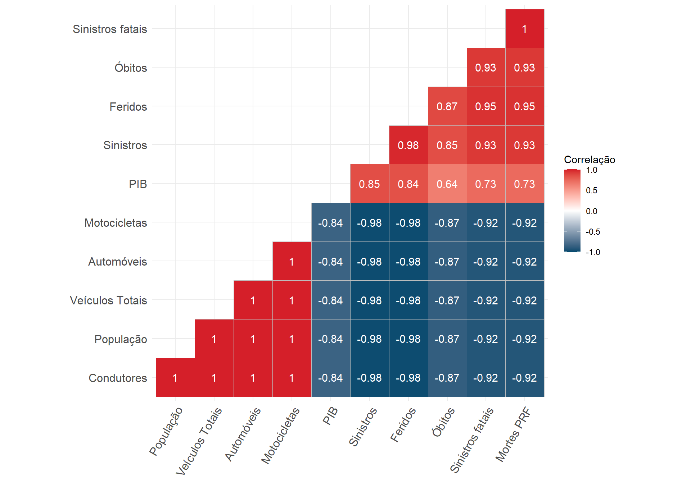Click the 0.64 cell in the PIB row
click(x=447, y=184)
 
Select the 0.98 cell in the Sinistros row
click(x=408, y=145)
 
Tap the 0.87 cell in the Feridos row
click(x=447, y=106)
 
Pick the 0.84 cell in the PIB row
click(x=408, y=184)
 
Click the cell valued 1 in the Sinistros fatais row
click(x=524, y=29)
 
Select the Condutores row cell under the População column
click(x=175, y=377)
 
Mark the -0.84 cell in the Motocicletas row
click(x=330, y=222)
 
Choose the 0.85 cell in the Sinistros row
click(x=447, y=145)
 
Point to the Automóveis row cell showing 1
click(x=292, y=261)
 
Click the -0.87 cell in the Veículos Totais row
click(x=447, y=300)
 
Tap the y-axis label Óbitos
click(x=131, y=68)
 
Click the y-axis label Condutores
click(x=118, y=378)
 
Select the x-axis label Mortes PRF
click(x=512, y=434)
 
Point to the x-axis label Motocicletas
click(x=280, y=436)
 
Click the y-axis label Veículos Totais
click(x=108, y=300)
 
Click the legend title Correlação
click(x=589, y=160)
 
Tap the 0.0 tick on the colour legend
click(x=591, y=211)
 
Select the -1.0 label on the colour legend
click(x=593, y=252)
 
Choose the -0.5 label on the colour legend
click(x=593, y=231)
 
